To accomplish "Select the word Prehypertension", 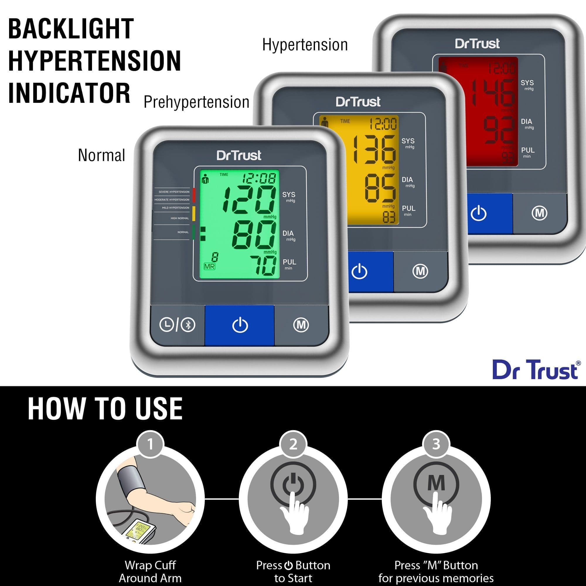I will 196,102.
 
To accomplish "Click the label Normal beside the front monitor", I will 101,155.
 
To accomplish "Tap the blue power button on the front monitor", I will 240,325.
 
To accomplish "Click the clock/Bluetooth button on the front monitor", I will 178,325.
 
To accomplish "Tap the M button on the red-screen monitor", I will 540,213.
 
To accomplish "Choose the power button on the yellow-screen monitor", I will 360,272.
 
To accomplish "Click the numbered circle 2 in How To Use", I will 293,444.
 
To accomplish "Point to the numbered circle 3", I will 436,444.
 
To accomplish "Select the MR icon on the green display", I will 209,267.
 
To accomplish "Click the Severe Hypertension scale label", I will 174,192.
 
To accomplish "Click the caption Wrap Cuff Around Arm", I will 150,571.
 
